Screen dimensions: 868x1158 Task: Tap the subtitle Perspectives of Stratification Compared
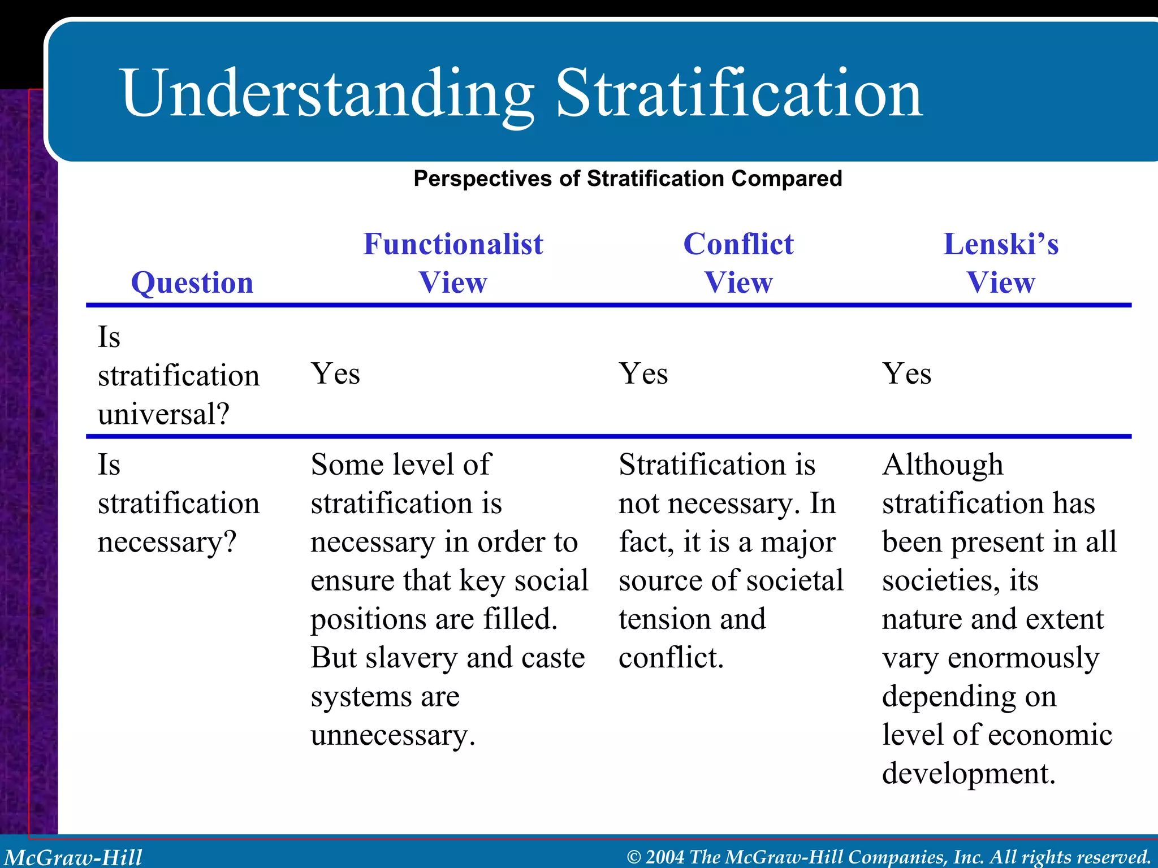coord(628,179)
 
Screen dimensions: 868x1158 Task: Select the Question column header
coord(192,283)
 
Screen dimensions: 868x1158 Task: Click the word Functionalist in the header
coord(453,244)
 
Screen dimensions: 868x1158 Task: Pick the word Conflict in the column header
coord(738,244)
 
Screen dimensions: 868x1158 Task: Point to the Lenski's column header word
coord(1001,244)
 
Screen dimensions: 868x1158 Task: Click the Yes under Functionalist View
coord(335,374)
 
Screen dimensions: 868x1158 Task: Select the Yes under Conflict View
coord(643,374)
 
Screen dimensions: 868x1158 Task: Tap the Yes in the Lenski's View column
coord(907,374)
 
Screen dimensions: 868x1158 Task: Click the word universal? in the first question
coord(163,414)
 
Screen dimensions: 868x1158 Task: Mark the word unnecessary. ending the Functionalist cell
coord(393,735)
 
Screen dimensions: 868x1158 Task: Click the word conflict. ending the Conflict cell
coord(671,658)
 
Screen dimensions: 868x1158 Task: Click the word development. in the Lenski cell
coord(969,774)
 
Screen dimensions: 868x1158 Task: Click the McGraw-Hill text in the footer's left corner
coord(74,857)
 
